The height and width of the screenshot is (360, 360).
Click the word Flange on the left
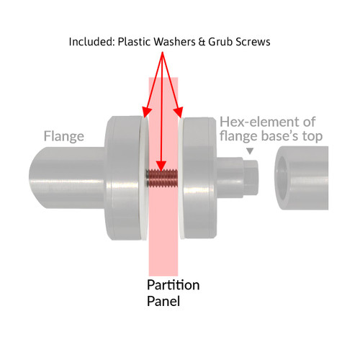pyautogui.click(x=64, y=137)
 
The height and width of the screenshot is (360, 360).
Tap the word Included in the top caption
pyautogui.click(x=91, y=42)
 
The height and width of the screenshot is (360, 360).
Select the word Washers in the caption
pyautogui.click(x=174, y=42)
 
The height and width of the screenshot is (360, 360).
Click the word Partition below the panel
pyautogui.click(x=174, y=285)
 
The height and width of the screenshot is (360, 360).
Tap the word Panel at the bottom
pyautogui.click(x=163, y=301)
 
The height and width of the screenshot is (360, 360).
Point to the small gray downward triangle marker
pyautogui.click(x=250, y=151)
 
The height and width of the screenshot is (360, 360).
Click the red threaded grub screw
pyautogui.click(x=162, y=178)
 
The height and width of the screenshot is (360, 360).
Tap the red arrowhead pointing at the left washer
pyautogui.click(x=146, y=112)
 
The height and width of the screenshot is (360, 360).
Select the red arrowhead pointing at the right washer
pyautogui.click(x=179, y=112)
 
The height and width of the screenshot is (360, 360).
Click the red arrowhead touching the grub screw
pyautogui.click(x=161, y=166)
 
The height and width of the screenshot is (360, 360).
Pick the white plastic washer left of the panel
pyautogui.click(x=145, y=179)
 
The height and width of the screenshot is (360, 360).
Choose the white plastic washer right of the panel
pyautogui.click(x=181, y=178)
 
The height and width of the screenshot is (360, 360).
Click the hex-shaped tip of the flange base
pyautogui.click(x=251, y=178)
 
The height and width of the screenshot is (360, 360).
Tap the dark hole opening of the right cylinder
pyautogui.click(x=282, y=178)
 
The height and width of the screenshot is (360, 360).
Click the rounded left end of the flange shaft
pyautogui.click(x=38, y=178)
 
